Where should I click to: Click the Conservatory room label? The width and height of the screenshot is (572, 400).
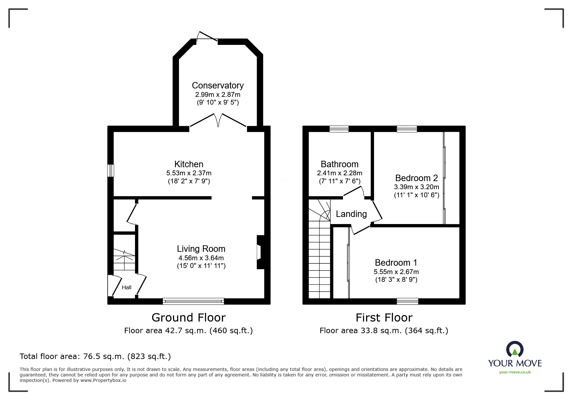(217, 85)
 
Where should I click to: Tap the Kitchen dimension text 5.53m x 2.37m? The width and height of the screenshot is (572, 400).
(189, 173)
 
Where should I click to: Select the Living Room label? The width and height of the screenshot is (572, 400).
(201, 249)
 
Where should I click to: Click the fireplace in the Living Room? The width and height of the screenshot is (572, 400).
(260, 252)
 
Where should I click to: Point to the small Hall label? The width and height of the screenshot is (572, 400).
(126, 287)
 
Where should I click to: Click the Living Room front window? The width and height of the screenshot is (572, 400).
(193, 301)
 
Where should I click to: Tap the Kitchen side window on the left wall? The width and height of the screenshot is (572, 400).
(111, 170)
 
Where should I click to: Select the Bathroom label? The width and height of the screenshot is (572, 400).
(339, 164)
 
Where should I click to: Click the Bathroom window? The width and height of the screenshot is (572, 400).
(339, 129)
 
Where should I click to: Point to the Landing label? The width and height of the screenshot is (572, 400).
(351, 214)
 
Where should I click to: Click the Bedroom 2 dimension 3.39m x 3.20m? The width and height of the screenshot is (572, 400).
(416, 187)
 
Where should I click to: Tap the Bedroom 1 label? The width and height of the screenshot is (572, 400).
(396, 262)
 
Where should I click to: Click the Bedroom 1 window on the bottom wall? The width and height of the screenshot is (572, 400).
(407, 301)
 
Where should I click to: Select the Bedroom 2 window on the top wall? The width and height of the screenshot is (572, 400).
(407, 129)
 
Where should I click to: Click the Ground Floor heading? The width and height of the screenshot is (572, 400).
(188, 317)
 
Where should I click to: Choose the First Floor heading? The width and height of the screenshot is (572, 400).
(384, 318)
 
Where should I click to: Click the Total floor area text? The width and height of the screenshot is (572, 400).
(95, 356)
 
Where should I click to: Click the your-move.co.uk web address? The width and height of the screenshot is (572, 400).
(515, 372)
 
